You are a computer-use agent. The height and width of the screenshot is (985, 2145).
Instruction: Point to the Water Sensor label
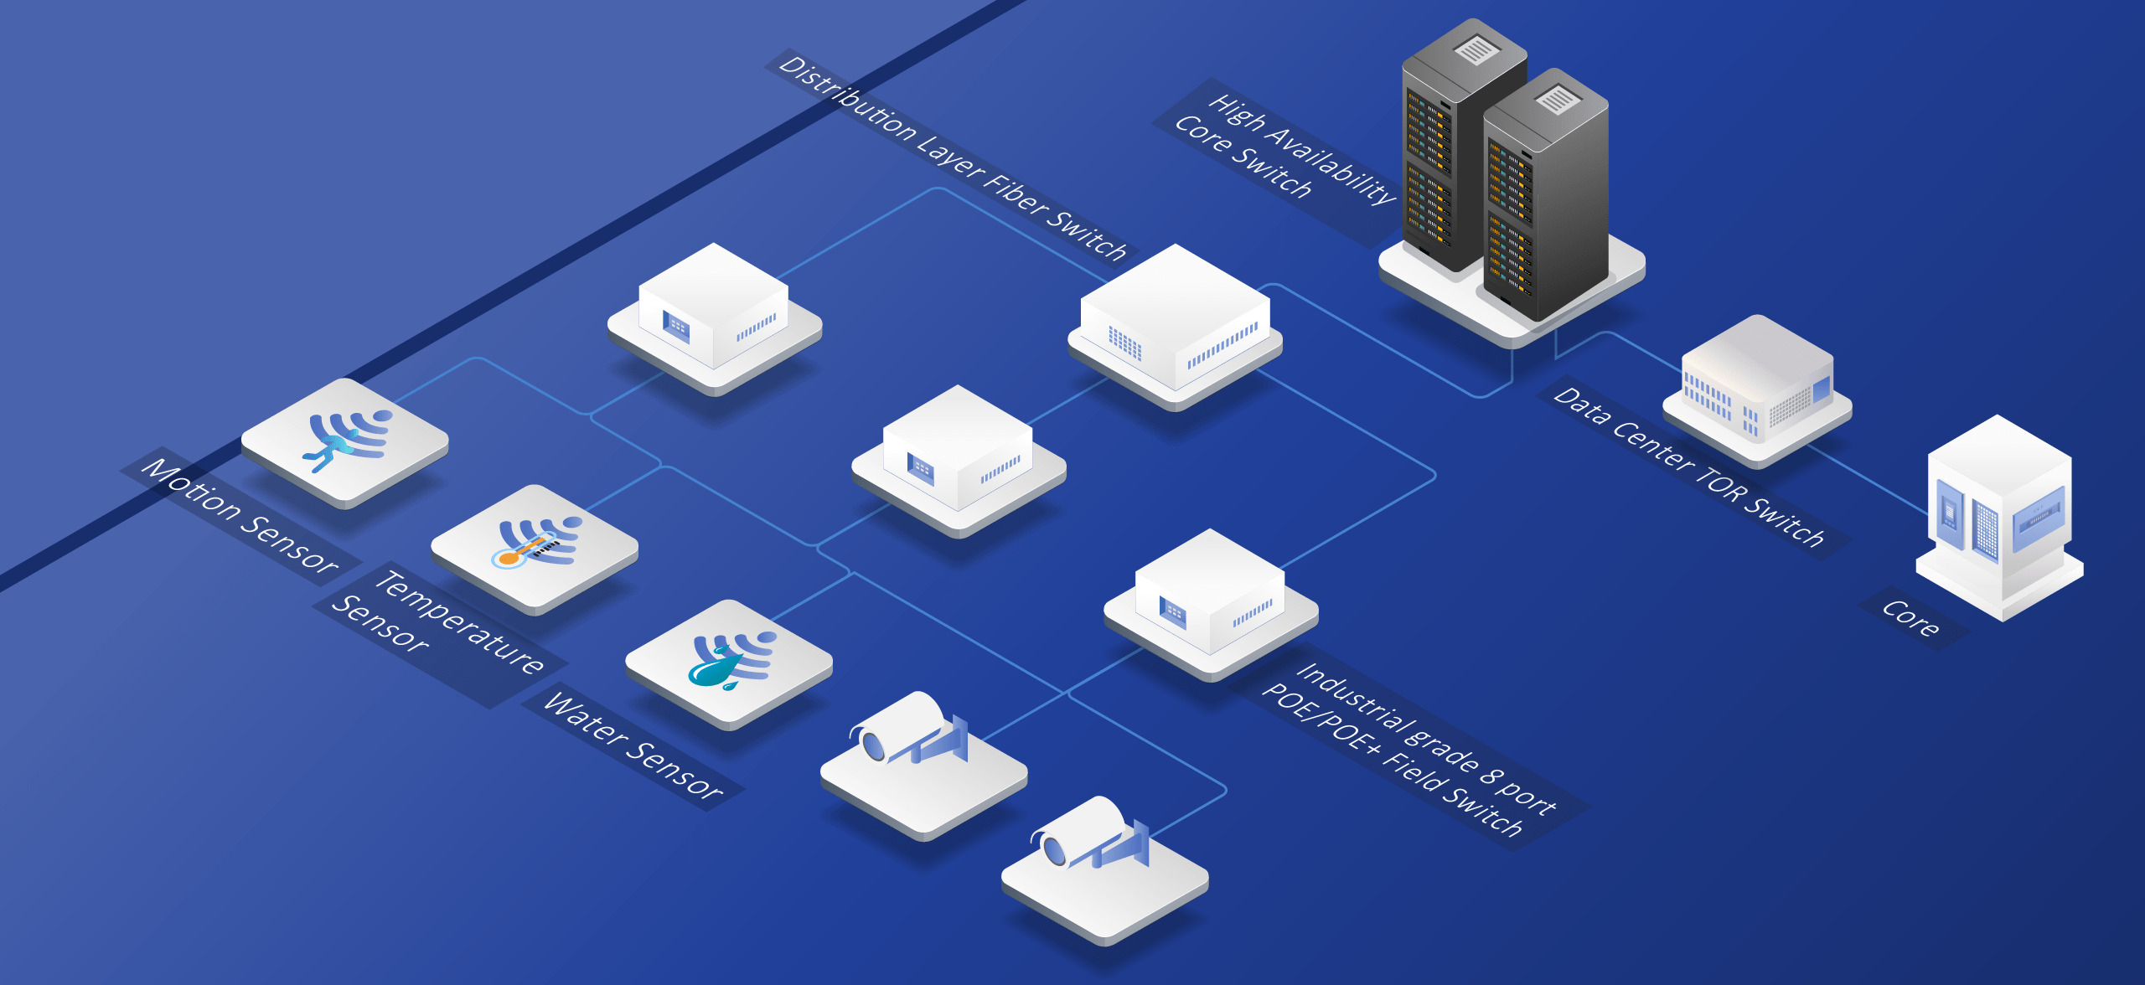[x=633, y=745]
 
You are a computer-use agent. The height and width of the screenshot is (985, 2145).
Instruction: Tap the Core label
[x=1910, y=618]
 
